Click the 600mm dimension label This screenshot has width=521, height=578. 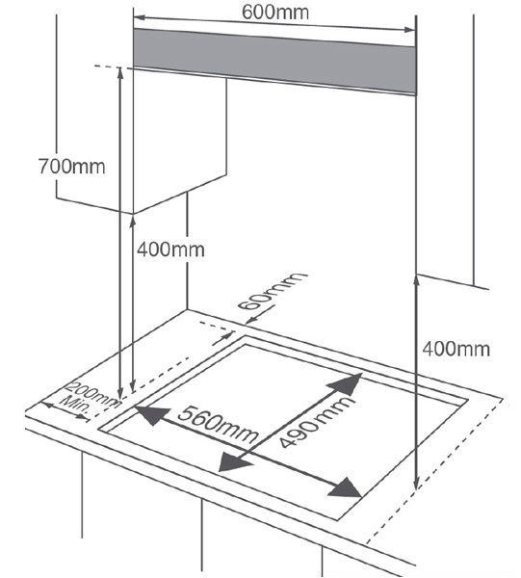(275, 12)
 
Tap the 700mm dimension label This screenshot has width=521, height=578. (72, 166)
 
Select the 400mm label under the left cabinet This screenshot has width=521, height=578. (170, 250)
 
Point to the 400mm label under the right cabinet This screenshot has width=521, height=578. (456, 349)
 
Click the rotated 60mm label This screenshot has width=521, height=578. (272, 291)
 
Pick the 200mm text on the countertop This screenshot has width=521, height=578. (93, 394)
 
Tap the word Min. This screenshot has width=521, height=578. (75, 405)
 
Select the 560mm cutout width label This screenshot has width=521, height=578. (217, 424)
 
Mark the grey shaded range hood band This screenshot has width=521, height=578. (274, 61)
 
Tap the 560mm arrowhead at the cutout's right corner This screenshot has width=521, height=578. (346, 487)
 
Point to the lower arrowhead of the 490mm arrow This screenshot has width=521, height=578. (233, 461)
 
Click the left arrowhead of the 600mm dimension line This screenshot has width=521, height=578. (139, 17)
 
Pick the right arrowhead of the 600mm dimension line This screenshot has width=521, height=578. (409, 30)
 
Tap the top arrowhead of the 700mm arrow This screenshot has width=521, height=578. (120, 73)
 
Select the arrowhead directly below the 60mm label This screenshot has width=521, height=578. (251, 321)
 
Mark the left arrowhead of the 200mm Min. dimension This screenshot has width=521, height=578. (46, 406)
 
